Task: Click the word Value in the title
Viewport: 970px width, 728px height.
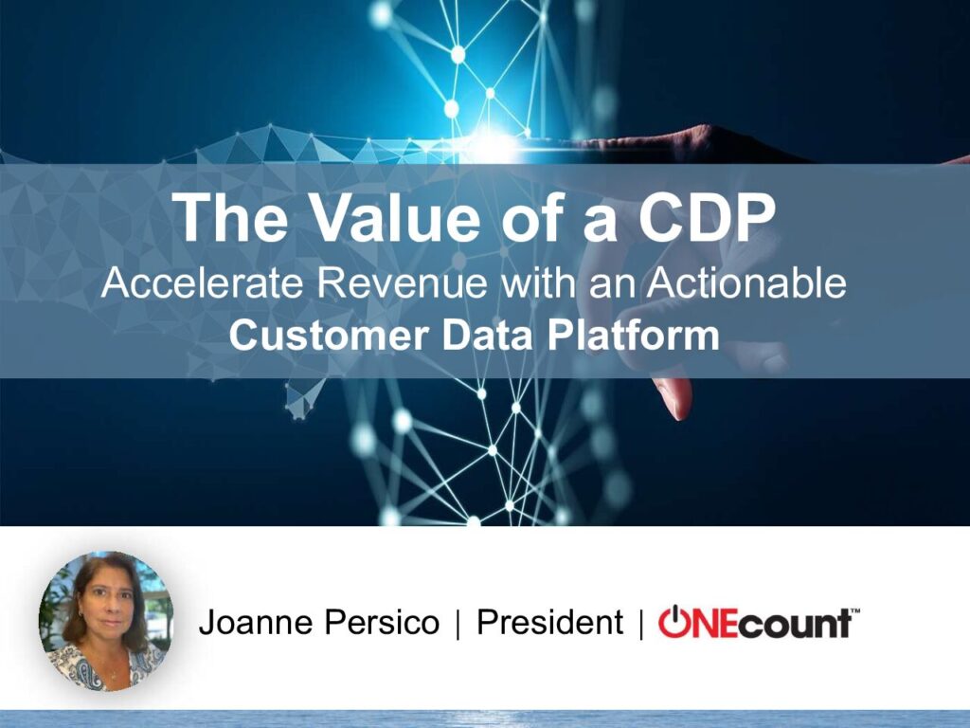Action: [x=395, y=218]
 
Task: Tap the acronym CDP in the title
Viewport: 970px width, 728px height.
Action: [x=707, y=218]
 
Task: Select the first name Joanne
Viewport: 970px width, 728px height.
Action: [x=256, y=622]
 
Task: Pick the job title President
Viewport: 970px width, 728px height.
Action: [x=550, y=622]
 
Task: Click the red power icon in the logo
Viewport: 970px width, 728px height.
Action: [x=674, y=622]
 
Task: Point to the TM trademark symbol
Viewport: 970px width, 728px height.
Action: [x=855, y=611]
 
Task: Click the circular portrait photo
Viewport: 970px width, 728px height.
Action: [x=106, y=621]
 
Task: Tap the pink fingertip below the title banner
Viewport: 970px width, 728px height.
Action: [x=674, y=396]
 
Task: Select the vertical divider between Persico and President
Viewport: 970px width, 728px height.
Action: [x=458, y=624]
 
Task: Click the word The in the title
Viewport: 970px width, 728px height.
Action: [x=230, y=218]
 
